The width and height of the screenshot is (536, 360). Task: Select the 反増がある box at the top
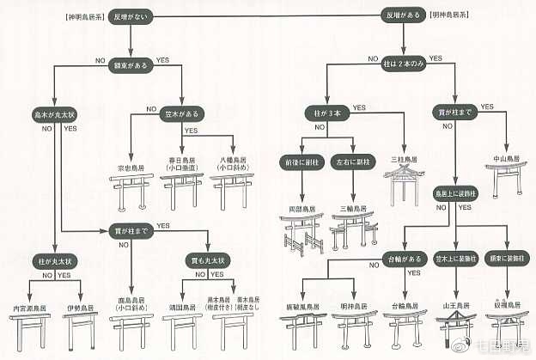coord(403,15)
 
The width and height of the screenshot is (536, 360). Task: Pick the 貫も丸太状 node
coord(207,259)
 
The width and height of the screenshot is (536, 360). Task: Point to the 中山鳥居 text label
coord(503,157)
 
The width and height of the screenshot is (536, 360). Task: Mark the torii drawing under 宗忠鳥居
coord(130,190)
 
